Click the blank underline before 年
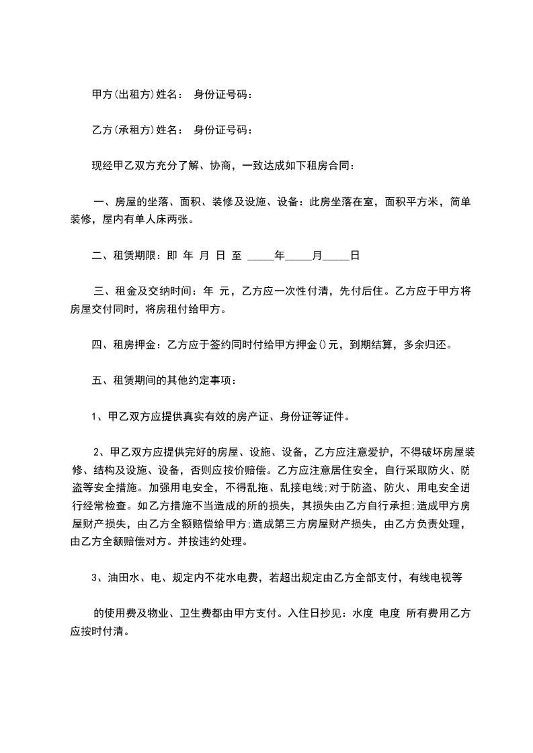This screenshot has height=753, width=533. coord(261,256)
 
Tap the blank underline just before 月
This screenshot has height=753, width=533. coord(298,256)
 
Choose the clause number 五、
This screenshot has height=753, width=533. coord(99,381)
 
